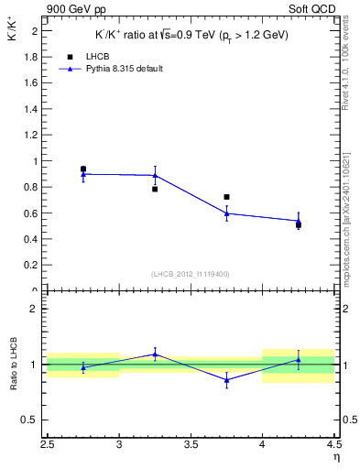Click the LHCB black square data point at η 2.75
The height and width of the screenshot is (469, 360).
point(83,169)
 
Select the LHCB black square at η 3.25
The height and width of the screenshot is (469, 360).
point(155,189)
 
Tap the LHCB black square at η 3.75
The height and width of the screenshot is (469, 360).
point(226,197)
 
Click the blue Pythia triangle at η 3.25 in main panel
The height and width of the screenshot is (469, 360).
point(155,175)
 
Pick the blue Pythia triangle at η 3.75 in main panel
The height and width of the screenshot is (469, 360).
point(226,213)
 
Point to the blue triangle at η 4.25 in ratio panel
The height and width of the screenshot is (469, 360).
point(298,360)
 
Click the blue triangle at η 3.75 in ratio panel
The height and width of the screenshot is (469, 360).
point(226,379)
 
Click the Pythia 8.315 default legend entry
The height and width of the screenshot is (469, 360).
point(114,69)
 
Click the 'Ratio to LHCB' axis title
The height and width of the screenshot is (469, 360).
point(14,365)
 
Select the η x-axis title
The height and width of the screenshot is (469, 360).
point(335,456)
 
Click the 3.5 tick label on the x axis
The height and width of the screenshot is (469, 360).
point(191,446)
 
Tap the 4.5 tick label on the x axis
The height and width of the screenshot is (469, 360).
point(333,446)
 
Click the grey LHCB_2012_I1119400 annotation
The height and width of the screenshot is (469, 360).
point(190,274)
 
